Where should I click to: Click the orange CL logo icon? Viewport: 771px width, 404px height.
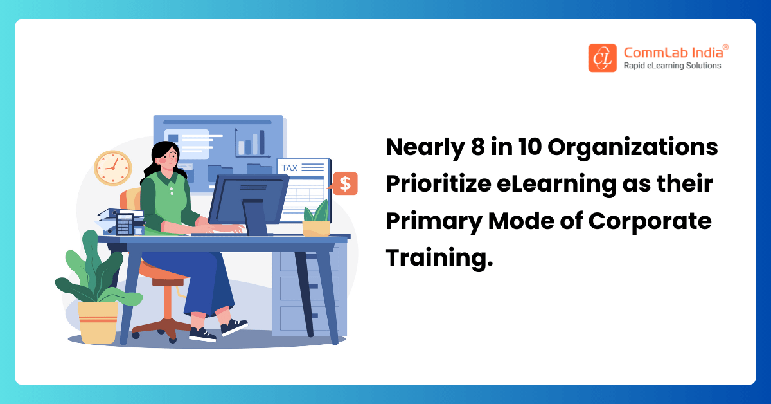[x=602, y=57]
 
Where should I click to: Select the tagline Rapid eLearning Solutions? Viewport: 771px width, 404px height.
[x=672, y=66]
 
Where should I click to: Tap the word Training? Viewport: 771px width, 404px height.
[x=434, y=257]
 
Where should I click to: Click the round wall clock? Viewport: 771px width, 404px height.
[x=112, y=168]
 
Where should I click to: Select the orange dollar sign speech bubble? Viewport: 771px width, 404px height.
[x=345, y=184]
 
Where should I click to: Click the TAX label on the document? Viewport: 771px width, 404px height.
[x=290, y=168]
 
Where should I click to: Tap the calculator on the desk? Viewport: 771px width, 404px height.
[x=125, y=224]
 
